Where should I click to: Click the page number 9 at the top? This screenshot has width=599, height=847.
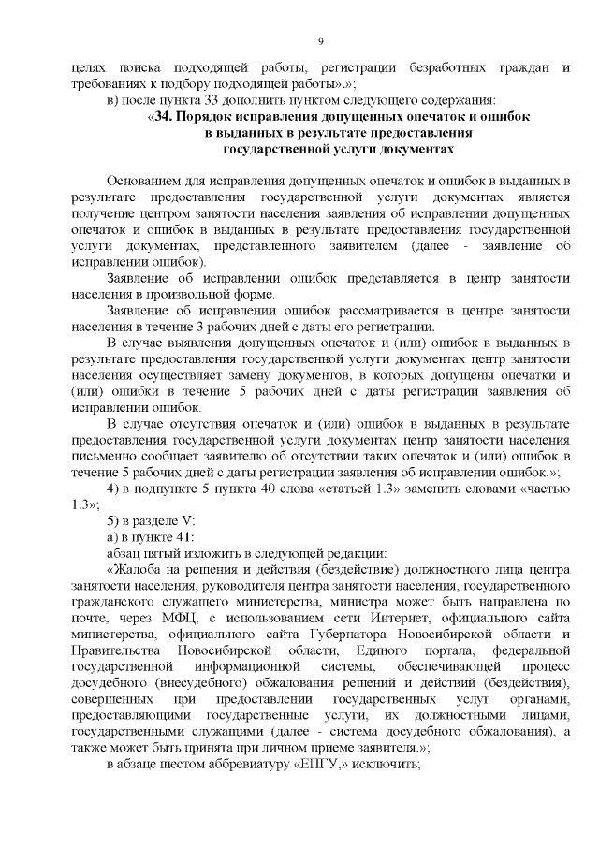[x=320, y=41]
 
